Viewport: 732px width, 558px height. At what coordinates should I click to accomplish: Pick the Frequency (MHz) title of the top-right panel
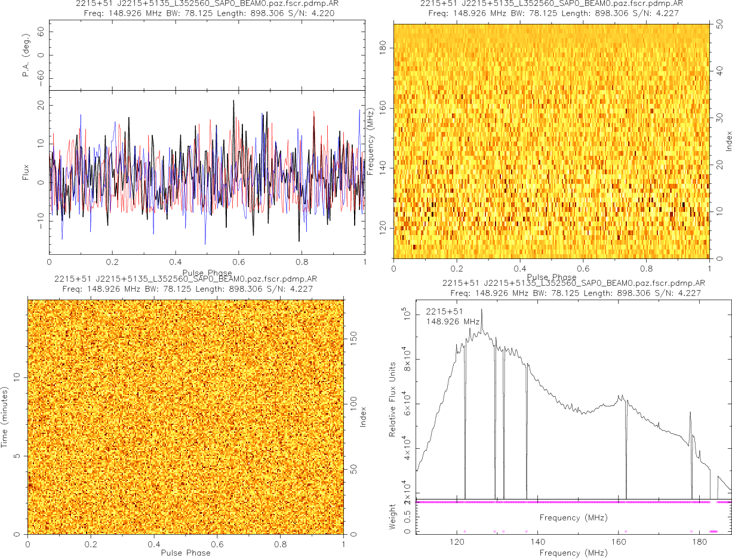(x=371, y=141)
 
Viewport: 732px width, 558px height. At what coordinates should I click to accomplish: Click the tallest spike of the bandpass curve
(x=482, y=309)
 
